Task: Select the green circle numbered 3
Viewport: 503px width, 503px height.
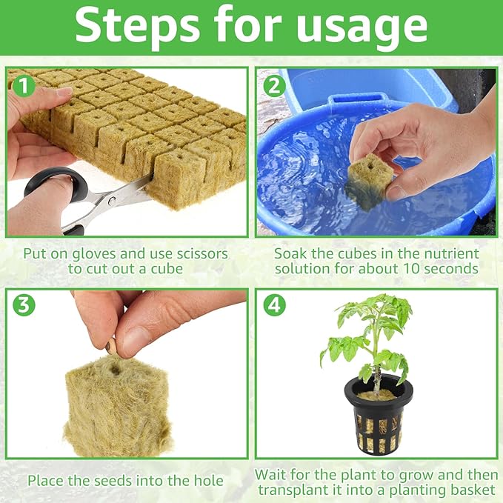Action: [x=24, y=305]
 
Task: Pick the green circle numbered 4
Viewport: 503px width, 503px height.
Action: [x=274, y=305]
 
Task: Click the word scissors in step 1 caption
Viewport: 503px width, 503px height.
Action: [x=201, y=253]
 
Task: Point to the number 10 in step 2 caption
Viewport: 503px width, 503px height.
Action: [x=416, y=268]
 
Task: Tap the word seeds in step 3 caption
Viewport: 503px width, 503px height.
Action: [x=119, y=480]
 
